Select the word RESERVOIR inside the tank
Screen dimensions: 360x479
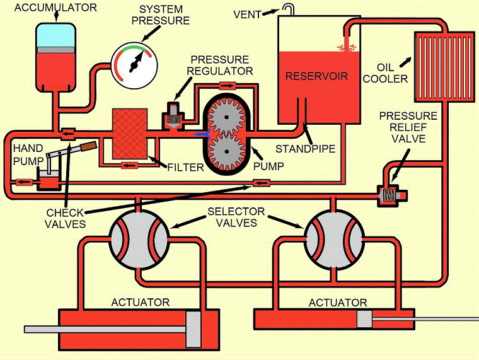(313, 76)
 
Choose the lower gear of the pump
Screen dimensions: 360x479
(228, 153)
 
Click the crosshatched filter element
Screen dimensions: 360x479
(133, 133)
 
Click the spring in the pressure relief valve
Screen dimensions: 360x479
(391, 196)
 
